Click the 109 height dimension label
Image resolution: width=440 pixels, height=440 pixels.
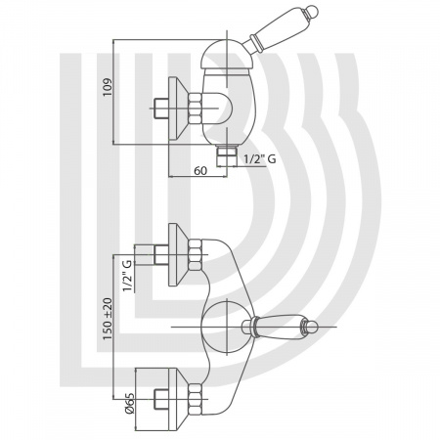(108, 87)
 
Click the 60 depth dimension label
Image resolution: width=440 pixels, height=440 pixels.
(200, 170)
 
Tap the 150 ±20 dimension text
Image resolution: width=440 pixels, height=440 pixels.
(108, 319)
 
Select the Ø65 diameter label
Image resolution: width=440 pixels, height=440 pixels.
(129, 403)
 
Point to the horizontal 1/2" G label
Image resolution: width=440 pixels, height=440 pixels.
(260, 158)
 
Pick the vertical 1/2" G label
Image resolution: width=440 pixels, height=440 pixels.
(127, 276)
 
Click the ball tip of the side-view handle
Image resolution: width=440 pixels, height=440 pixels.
(312, 11)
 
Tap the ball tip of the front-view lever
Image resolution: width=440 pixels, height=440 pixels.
(312, 326)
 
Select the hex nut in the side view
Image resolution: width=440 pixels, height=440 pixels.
(195, 109)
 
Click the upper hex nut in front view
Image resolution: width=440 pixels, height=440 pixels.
(195, 254)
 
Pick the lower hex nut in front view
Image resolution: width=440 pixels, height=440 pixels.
(195, 399)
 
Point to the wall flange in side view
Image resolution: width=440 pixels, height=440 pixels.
(178, 109)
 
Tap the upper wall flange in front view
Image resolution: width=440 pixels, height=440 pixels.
(178, 255)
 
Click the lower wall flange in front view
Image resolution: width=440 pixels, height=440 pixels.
(178, 400)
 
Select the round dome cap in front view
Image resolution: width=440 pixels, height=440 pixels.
(227, 327)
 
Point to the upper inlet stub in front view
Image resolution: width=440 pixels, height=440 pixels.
(161, 255)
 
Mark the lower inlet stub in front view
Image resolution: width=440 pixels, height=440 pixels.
(161, 399)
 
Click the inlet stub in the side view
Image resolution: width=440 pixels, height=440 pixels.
(161, 109)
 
